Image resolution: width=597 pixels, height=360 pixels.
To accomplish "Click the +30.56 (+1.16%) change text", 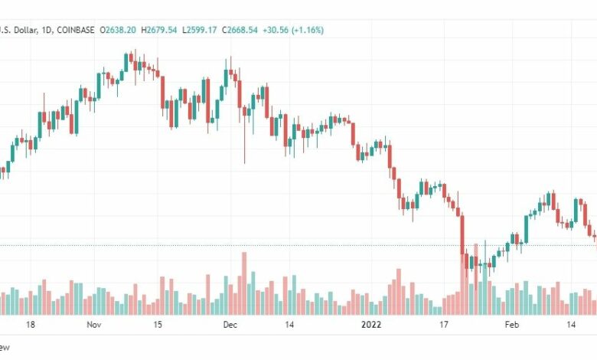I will (x=294, y=30).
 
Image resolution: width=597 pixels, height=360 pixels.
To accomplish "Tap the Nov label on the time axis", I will (x=95, y=325).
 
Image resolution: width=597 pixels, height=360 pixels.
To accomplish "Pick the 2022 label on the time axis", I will (x=371, y=325).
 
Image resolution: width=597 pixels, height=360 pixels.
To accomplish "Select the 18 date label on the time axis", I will (x=30, y=325).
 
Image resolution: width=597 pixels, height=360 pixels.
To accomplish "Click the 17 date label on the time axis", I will (x=442, y=325).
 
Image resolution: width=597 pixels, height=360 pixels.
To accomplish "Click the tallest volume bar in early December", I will (x=244, y=283).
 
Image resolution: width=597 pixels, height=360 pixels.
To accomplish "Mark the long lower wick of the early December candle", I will (x=244, y=146).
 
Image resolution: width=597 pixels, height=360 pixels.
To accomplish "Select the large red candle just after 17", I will (x=462, y=234).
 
